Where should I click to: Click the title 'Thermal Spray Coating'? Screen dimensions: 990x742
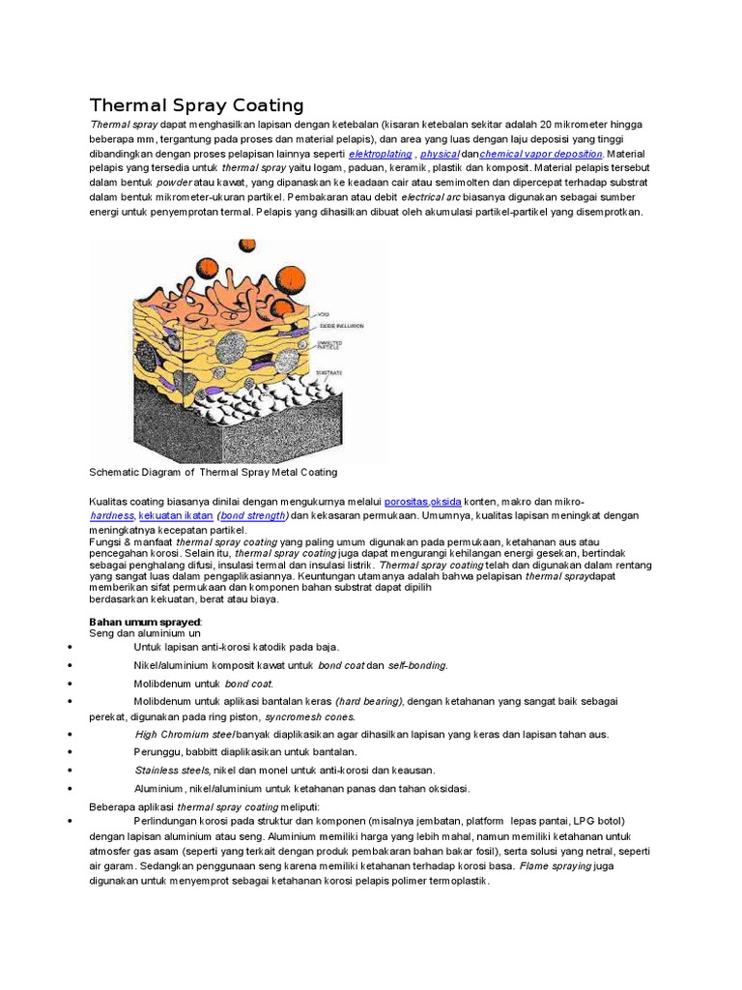click(x=196, y=105)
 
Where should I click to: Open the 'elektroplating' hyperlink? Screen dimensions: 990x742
click(x=380, y=154)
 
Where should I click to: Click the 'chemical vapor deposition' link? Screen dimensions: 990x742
click(x=541, y=154)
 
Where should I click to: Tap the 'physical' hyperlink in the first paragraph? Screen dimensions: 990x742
click(x=439, y=154)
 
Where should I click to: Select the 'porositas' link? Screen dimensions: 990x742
click(x=406, y=502)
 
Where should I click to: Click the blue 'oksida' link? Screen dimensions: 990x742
click(x=445, y=502)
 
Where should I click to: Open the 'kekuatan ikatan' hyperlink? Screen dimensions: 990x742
click(x=176, y=516)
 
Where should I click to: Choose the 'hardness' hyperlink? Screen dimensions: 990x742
click(x=111, y=516)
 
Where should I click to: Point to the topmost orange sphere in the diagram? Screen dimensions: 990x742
click(x=246, y=246)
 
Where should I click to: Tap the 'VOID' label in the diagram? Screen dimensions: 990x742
click(x=326, y=314)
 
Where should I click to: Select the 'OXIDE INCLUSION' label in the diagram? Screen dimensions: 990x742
click(x=342, y=327)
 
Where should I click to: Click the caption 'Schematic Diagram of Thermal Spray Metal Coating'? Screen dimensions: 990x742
click(x=213, y=473)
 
